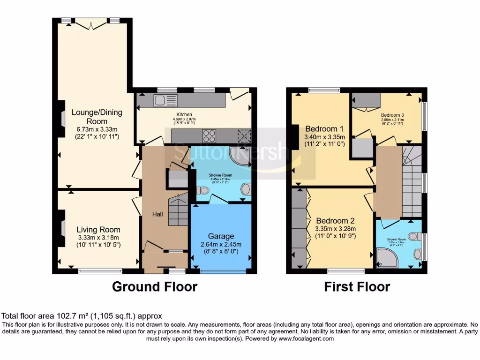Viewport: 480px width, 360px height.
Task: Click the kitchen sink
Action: (165, 100)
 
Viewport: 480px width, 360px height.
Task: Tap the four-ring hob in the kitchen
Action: (209, 136)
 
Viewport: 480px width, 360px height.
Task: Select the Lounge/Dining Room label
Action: (97, 116)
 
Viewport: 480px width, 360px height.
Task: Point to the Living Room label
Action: (98, 230)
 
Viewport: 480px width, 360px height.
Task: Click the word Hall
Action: (157, 214)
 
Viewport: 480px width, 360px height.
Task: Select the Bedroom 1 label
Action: (324, 129)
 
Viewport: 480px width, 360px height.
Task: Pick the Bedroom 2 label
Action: (335, 221)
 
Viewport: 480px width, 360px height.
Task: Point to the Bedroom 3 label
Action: (392, 115)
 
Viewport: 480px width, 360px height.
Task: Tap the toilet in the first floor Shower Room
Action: (413, 236)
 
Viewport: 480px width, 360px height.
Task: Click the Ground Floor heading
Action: (154, 286)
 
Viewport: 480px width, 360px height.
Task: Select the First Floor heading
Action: (357, 286)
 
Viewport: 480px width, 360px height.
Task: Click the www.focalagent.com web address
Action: (305, 338)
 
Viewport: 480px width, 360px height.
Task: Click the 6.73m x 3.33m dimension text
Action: (97, 129)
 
